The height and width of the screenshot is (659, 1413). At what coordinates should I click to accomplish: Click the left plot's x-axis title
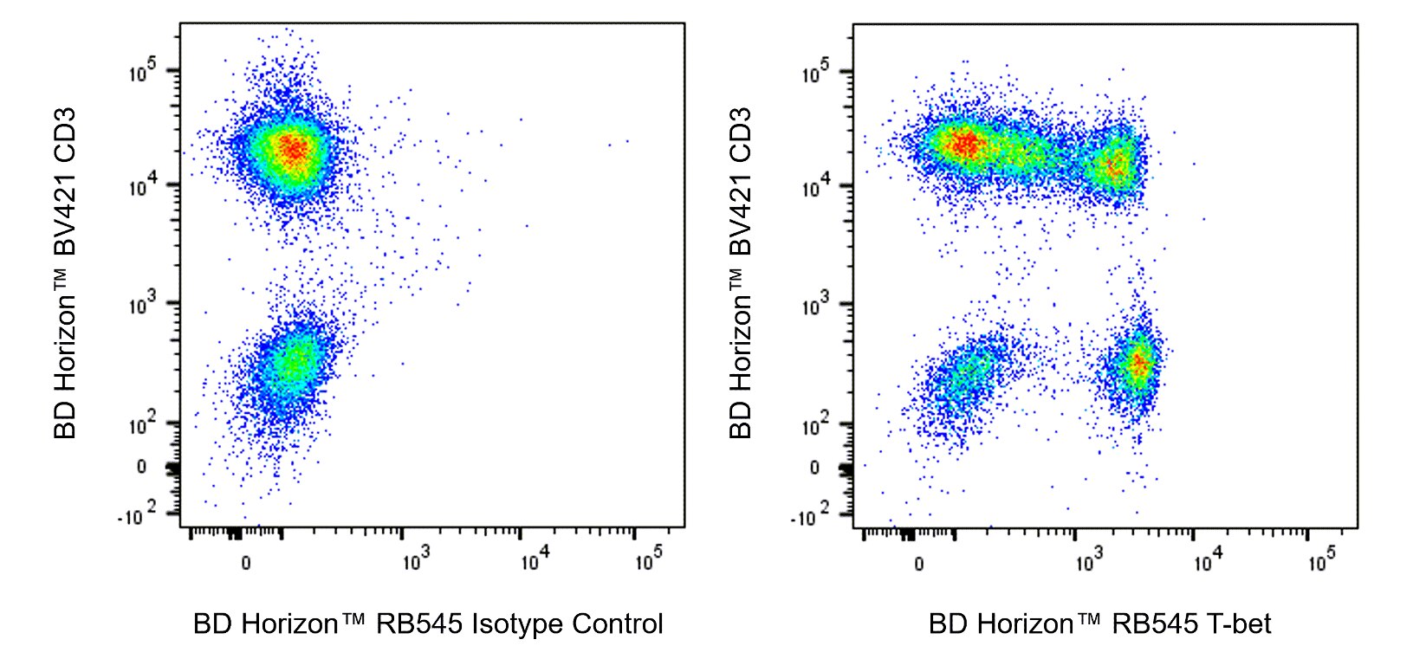coord(428,623)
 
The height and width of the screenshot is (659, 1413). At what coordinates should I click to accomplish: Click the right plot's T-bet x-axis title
coord(1099,623)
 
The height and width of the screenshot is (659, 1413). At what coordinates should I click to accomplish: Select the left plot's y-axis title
coord(66,273)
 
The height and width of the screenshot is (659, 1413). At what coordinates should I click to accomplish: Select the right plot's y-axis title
coord(740,273)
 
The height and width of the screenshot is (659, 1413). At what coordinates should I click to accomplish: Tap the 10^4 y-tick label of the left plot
coord(144,185)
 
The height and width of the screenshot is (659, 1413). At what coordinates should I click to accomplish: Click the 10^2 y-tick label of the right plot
coord(817,423)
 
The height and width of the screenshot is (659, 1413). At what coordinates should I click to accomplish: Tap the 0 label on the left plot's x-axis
coord(246,564)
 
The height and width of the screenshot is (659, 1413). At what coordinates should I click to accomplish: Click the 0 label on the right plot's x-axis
coord(919,564)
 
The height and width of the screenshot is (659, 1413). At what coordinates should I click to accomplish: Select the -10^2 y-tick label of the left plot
coord(138,516)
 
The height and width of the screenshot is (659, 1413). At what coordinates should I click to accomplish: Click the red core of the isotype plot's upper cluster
coord(294,149)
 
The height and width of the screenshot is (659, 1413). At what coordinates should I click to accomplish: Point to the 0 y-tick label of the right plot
coord(813,468)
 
